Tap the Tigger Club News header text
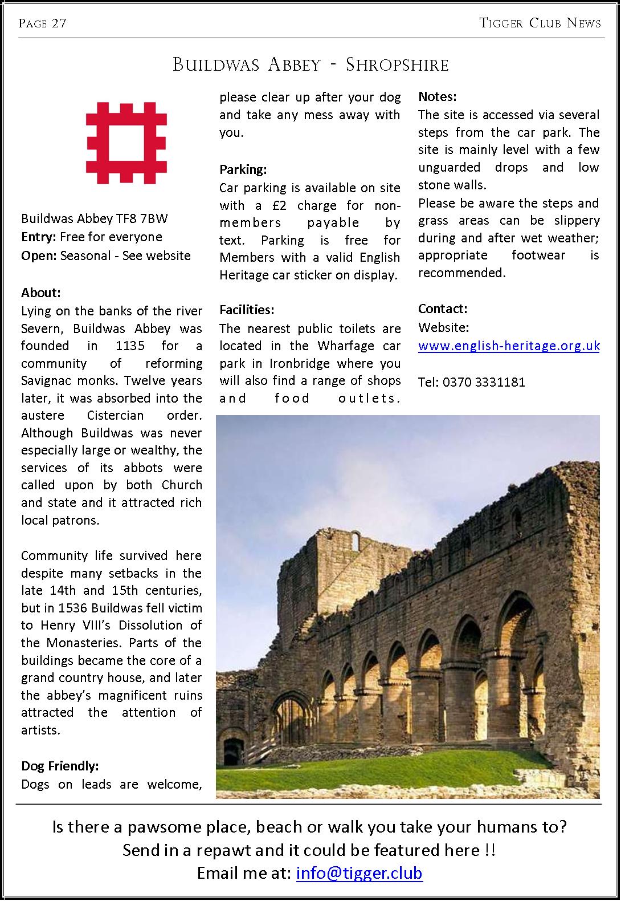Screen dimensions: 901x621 click(x=540, y=23)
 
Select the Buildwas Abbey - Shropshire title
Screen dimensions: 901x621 click(x=310, y=64)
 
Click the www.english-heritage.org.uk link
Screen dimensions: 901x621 click(x=509, y=346)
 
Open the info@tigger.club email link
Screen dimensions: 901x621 click(x=359, y=873)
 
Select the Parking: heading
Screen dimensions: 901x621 click(x=243, y=169)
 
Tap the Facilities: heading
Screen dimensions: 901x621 click(x=247, y=310)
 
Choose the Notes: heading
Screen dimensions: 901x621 click(x=438, y=97)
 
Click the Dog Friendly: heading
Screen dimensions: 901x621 click(x=60, y=765)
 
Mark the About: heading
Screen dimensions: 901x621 click(x=41, y=293)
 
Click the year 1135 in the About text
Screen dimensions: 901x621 click(x=130, y=346)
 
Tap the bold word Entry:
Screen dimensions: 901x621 click(x=39, y=237)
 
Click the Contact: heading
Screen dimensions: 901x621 click(x=443, y=309)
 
